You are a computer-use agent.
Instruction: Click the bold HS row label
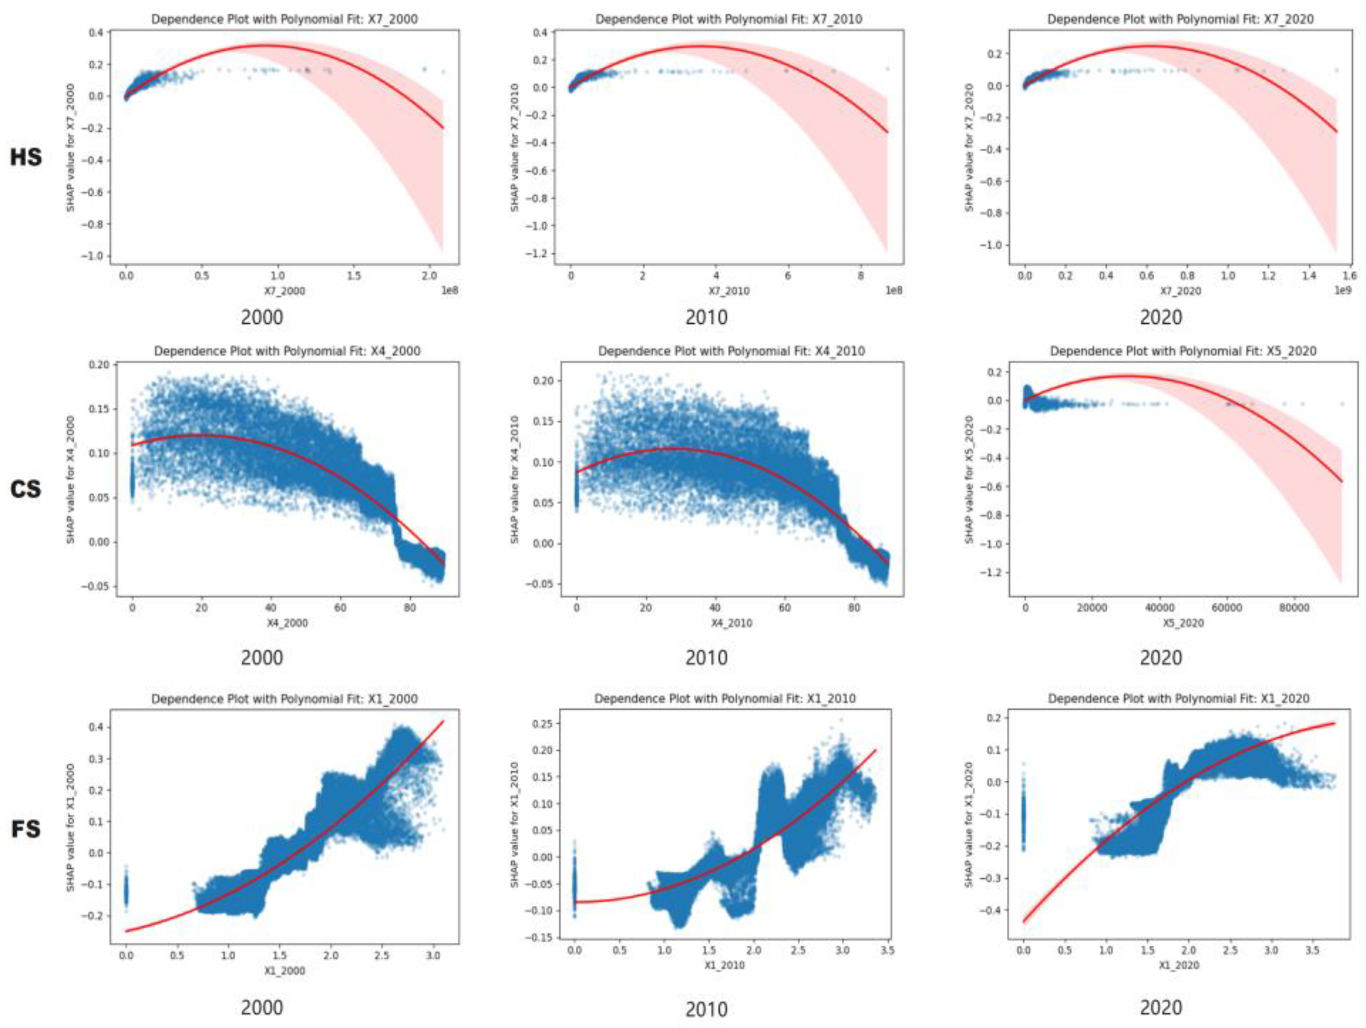[26, 157]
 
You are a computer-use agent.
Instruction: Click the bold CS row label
[26, 489]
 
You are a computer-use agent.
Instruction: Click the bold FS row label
[26, 828]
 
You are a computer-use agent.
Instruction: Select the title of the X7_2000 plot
[284, 19]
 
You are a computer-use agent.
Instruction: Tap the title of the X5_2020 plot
[1183, 351]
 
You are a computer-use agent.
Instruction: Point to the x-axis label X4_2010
[731, 623]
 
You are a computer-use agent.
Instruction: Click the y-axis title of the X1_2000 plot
[71, 828]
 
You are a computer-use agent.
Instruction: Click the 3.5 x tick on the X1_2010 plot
[886, 951]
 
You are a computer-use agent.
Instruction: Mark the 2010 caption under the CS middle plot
[706, 657]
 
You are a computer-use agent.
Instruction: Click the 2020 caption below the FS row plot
[1161, 1008]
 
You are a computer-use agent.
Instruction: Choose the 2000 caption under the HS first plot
[262, 318]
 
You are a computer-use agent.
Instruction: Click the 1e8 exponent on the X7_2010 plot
[894, 289]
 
